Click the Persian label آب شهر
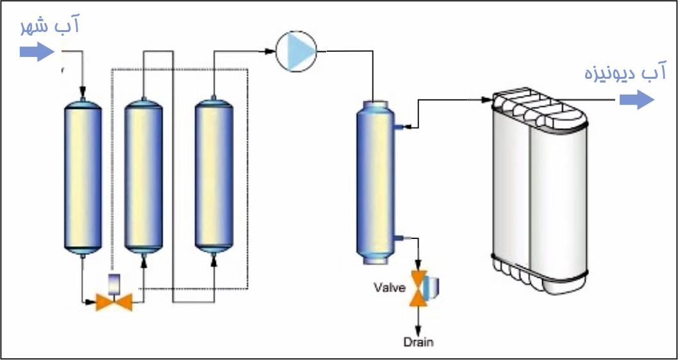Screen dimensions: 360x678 click(50, 27)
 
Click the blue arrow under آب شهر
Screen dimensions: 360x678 click(37, 51)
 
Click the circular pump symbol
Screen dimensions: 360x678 click(297, 51)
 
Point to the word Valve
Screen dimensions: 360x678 click(390, 288)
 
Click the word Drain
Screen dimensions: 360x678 click(418, 341)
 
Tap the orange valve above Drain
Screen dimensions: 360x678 click(419, 288)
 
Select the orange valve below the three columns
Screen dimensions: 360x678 click(113, 300)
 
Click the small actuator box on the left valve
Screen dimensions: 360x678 click(113, 282)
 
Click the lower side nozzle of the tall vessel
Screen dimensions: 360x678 click(401, 239)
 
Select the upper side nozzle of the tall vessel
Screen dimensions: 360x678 click(401, 127)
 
